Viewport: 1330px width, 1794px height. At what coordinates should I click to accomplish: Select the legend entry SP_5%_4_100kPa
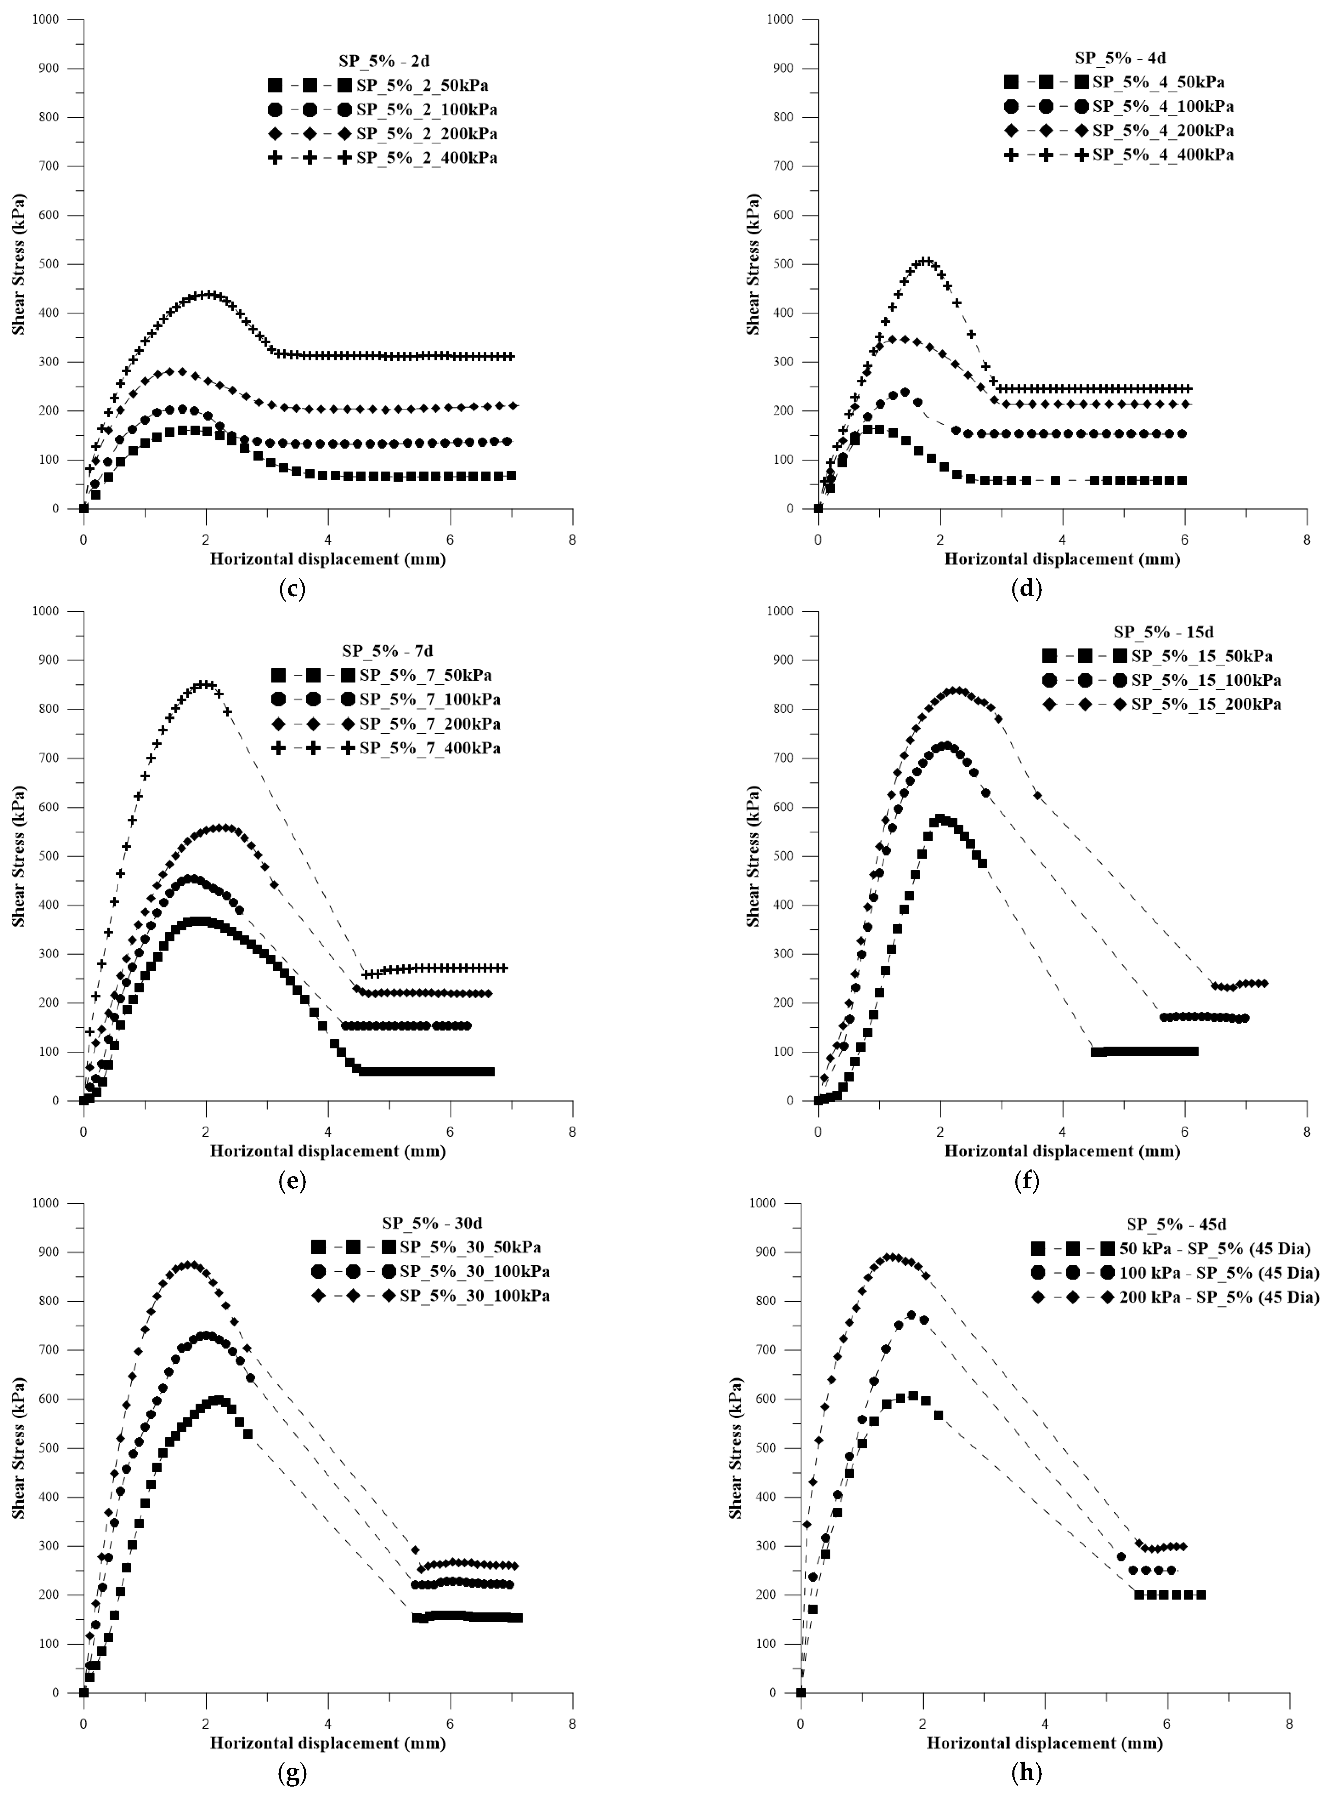(x=1162, y=106)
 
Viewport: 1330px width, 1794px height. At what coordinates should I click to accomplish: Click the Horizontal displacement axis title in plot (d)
(x=1062, y=559)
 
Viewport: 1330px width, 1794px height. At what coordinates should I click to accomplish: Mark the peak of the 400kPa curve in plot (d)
(x=926, y=261)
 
